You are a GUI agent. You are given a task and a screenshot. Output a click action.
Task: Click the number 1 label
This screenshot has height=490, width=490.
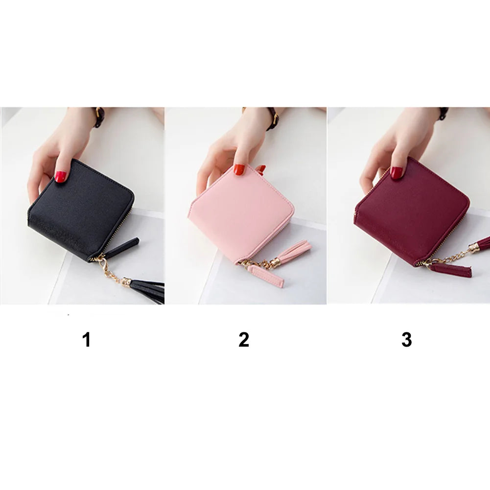point(87,340)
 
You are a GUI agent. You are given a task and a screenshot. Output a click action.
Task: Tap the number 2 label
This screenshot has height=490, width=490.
point(244,340)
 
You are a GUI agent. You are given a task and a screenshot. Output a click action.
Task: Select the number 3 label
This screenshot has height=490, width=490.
point(407,340)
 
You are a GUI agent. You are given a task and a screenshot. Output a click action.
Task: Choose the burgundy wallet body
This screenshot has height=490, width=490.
point(413,212)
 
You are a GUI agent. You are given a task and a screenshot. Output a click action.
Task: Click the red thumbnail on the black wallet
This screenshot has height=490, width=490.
point(61,177)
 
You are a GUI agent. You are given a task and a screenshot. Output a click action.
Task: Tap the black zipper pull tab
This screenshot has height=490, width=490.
point(124,246)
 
